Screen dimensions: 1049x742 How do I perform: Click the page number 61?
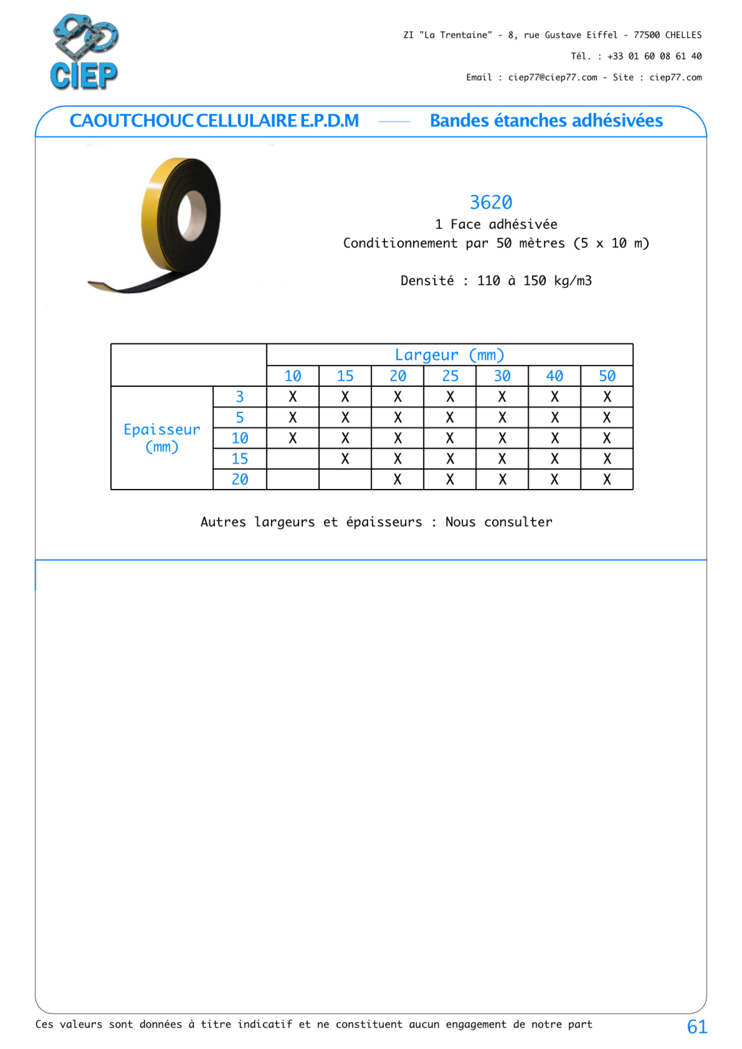697,1027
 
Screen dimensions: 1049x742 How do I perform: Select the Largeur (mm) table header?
449,355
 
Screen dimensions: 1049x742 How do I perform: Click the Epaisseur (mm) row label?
162,438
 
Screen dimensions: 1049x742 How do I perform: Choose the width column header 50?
607,376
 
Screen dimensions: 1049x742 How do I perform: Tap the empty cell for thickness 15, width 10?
292,459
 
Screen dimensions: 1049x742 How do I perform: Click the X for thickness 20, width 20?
397,479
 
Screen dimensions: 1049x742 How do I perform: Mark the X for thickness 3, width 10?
292,397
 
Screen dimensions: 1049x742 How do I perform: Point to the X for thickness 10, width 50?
607,438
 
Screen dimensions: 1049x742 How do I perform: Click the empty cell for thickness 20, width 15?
345,479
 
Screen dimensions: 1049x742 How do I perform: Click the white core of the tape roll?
191,215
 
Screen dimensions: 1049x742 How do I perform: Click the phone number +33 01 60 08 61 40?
654,56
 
